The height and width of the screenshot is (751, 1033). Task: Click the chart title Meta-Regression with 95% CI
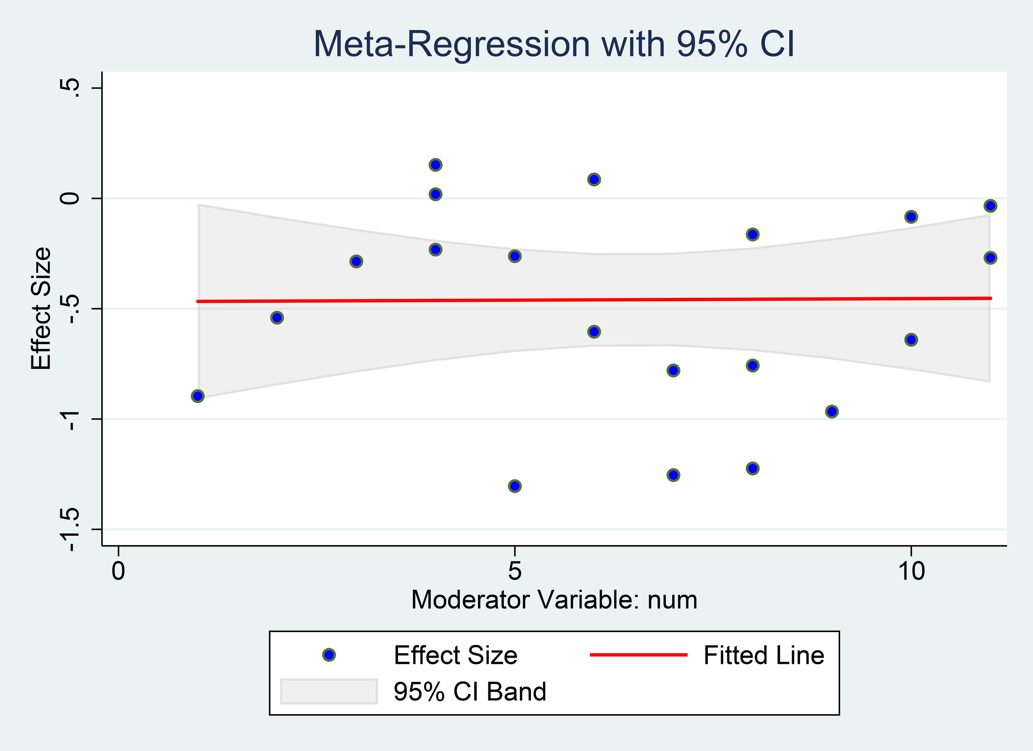pos(554,44)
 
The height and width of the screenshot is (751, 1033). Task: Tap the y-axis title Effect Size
pos(41,308)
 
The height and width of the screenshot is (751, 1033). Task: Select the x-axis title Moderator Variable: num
pos(554,600)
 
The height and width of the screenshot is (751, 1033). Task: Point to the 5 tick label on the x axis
pos(514,570)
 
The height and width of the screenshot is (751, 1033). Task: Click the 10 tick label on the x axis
pos(910,570)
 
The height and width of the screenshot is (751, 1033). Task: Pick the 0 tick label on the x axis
pos(119,570)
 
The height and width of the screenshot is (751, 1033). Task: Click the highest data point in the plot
pos(436,165)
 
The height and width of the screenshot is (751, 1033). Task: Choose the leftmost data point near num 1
pos(198,396)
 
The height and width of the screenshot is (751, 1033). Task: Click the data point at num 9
pos(832,412)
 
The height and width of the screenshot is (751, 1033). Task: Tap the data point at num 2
pos(277,317)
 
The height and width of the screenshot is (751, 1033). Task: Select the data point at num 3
pos(356,261)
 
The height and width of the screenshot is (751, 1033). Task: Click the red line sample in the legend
pos(638,655)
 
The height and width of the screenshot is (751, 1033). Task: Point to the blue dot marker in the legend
pos(329,655)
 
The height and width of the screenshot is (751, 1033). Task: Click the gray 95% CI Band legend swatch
pos(329,692)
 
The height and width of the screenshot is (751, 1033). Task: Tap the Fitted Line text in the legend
pos(763,655)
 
